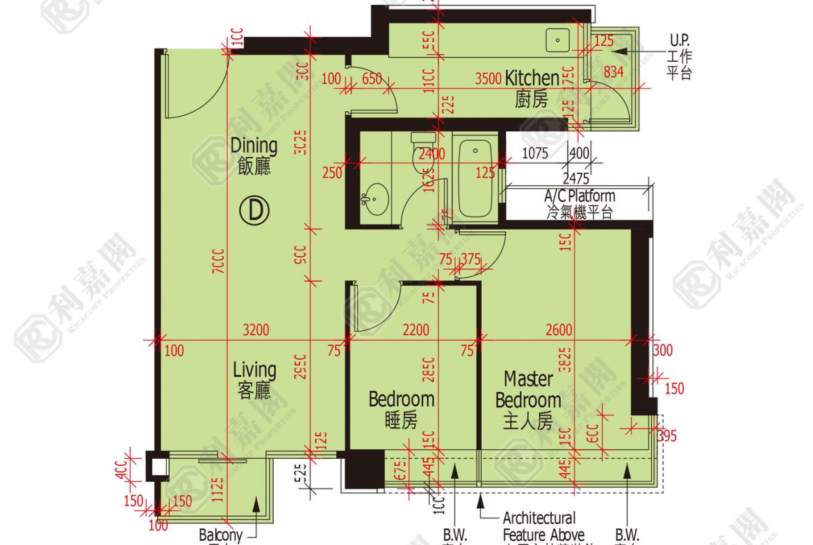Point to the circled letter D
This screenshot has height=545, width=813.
click(254, 210)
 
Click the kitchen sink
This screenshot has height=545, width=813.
click(557, 40)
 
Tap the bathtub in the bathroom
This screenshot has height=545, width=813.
click(475, 177)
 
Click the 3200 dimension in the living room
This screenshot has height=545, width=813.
click(256, 330)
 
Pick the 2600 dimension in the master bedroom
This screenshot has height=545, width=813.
click(559, 330)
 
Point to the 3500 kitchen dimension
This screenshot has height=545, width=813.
click(488, 78)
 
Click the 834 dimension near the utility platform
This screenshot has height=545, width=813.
click(613, 71)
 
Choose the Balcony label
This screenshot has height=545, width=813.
click(220, 535)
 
